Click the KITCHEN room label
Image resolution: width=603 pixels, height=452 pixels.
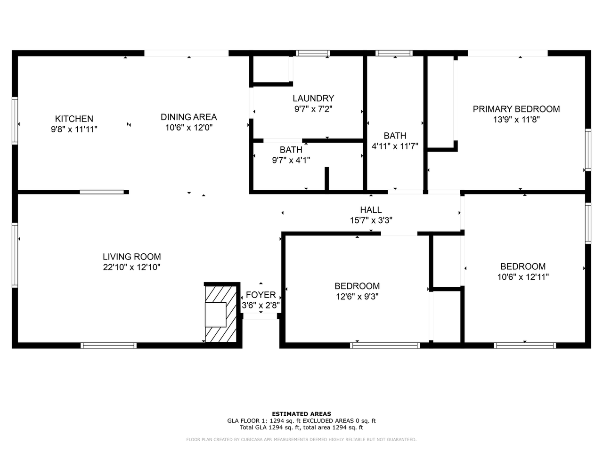74,119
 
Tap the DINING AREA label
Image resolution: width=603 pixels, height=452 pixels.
188,117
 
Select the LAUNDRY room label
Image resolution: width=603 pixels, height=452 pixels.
313,98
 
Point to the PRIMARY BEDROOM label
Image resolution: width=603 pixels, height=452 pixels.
516,109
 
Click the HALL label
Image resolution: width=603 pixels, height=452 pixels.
371,210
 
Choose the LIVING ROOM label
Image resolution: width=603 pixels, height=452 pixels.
132,257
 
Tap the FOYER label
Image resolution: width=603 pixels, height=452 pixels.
261,295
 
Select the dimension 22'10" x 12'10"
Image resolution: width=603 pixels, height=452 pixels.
132,267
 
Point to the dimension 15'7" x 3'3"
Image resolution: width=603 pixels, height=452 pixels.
371,220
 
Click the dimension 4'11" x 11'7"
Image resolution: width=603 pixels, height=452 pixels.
395,146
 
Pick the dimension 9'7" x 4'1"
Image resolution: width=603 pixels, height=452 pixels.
291,160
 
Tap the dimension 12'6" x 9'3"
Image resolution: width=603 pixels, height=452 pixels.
357,297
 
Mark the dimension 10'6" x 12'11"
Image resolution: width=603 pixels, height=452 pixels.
523,277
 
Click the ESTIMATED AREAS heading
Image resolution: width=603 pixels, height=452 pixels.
301,414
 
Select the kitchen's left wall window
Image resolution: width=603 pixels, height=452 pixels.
15,121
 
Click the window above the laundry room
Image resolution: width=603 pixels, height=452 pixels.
313,53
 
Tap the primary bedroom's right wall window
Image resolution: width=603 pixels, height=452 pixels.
588,149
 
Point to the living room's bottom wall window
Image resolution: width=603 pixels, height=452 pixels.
109,346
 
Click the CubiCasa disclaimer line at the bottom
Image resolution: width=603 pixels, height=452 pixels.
301,440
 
